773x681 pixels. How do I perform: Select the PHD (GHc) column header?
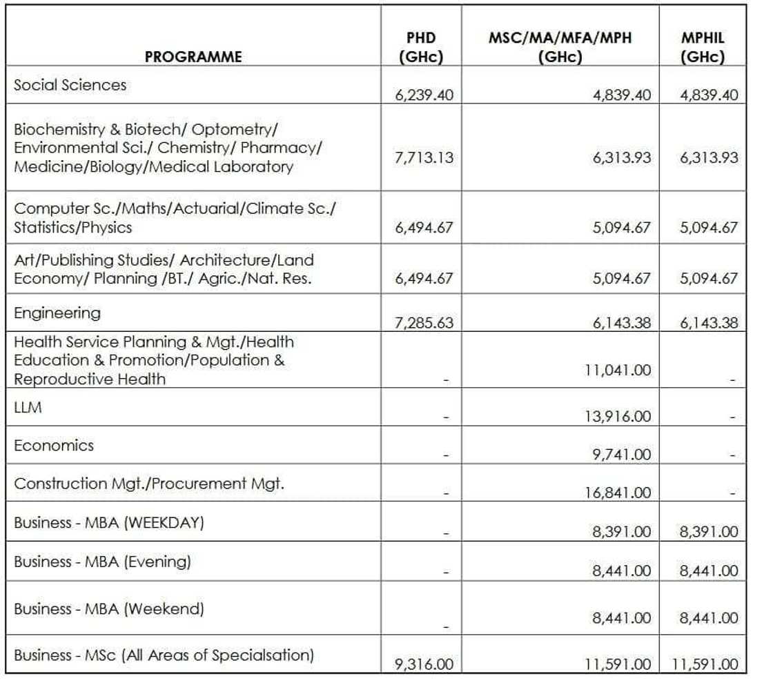[x=420, y=48]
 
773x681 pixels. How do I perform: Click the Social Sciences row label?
[x=70, y=85]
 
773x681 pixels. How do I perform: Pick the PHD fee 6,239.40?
[x=424, y=95]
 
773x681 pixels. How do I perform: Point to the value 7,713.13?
[x=424, y=157]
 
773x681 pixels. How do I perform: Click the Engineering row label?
[x=57, y=313]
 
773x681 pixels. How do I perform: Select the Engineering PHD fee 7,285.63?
[x=424, y=323]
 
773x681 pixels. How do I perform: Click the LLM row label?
[x=28, y=408]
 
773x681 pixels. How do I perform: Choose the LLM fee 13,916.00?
[x=618, y=417]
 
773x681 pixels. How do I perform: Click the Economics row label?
[x=54, y=446]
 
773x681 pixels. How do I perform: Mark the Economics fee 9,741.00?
[x=622, y=455]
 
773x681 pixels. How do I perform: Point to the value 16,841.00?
[x=618, y=493]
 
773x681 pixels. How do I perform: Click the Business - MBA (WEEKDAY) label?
[x=109, y=522]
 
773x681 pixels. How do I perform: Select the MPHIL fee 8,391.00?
[x=708, y=532]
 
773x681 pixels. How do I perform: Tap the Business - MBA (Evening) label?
[x=102, y=562]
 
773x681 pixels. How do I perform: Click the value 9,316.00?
[x=424, y=664]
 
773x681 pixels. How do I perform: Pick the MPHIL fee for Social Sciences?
[x=708, y=95]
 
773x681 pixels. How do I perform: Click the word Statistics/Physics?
[x=72, y=228]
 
